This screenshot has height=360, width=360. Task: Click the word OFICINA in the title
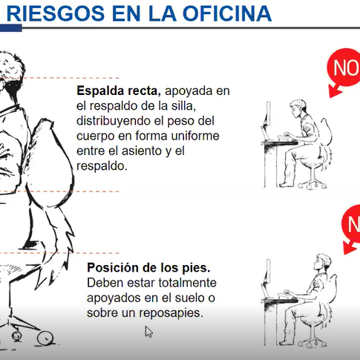[x=227, y=13]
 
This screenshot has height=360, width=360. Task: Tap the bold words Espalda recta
[x=119, y=91]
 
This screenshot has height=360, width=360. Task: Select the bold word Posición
[x=114, y=268]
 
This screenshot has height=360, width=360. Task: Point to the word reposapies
[x=171, y=313]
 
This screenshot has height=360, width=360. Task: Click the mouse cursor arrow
[x=148, y=332]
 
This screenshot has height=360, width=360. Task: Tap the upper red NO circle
[x=344, y=68]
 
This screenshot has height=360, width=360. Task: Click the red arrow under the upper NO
[x=335, y=91]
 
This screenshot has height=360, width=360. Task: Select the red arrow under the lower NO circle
[x=350, y=248]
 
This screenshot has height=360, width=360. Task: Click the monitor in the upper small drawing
[x=267, y=116]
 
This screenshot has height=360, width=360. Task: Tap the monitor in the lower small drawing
[x=267, y=274]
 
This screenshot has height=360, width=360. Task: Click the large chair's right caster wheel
[x=45, y=338]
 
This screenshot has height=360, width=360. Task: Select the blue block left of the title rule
[x=11, y=28]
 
